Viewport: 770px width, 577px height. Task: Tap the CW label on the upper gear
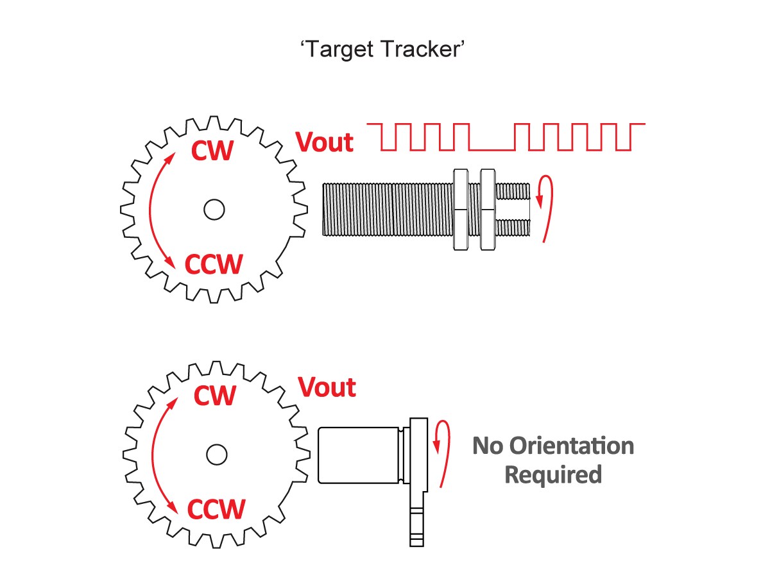pos(212,151)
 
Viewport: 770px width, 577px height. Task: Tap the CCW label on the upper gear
pos(214,264)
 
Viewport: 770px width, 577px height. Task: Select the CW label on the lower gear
pos(215,396)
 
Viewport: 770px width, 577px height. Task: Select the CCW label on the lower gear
pos(216,509)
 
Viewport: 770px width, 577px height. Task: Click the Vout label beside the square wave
pos(325,142)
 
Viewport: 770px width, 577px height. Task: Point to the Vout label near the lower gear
pos(327,387)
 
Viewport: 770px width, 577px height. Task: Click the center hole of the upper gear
pos(213,208)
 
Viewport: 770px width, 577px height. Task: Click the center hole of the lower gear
pos(216,454)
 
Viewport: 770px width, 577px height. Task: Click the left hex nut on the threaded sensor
pos(461,209)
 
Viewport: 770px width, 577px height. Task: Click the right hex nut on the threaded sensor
pos(488,209)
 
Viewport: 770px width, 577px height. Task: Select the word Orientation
pos(571,446)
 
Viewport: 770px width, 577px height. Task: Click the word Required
pos(553,475)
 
